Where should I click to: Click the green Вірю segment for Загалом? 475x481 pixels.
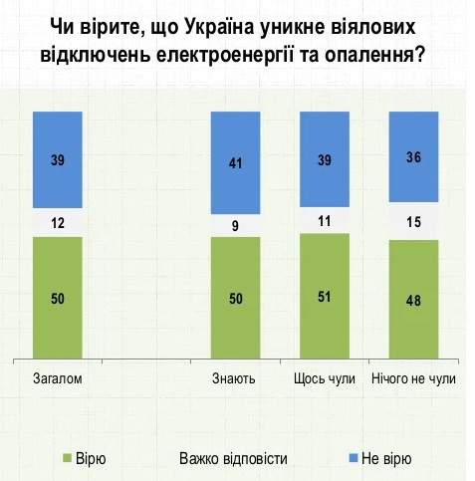tap(58, 298)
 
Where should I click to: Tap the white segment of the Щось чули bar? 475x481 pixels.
tap(325, 221)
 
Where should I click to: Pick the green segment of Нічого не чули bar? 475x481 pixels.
tap(413, 300)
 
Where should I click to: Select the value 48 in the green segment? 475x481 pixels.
tap(413, 300)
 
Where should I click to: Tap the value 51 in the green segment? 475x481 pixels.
tap(325, 297)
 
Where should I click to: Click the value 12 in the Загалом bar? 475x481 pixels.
tap(58, 224)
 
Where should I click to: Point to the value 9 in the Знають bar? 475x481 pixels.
tap(235, 225)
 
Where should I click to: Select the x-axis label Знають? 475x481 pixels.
tap(235, 379)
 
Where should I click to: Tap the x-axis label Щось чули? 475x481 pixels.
tap(325, 379)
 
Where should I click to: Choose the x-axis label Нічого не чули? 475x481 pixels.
tap(413, 379)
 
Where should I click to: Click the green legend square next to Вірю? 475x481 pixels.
tap(68, 458)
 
